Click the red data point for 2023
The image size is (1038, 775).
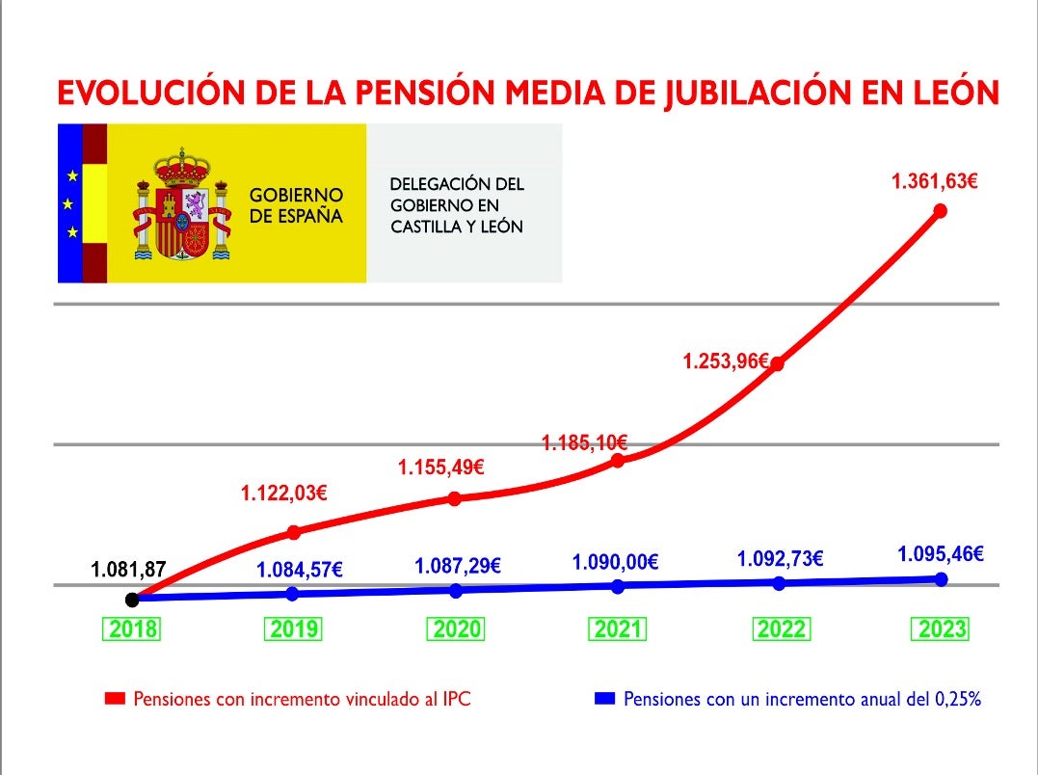[x=941, y=211]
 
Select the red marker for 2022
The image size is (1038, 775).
[x=777, y=364]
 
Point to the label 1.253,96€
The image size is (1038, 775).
[x=725, y=362]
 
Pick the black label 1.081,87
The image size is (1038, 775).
[x=129, y=570]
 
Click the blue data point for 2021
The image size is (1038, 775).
[x=618, y=586]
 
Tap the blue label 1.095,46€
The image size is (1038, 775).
[x=940, y=554]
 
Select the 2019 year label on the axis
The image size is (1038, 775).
[x=293, y=630]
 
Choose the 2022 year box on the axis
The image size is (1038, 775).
[x=781, y=630]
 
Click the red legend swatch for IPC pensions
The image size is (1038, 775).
[x=116, y=699]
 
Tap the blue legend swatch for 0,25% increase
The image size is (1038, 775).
[x=604, y=699]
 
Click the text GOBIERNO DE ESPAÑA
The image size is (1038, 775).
[x=296, y=205]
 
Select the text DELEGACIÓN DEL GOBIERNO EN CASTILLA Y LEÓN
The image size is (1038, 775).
[x=457, y=205]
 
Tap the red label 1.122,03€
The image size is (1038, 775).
[x=283, y=494]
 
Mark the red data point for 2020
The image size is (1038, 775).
[x=455, y=498]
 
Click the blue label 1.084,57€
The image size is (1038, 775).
[x=299, y=570]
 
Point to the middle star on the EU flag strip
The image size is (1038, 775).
[x=71, y=204]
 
